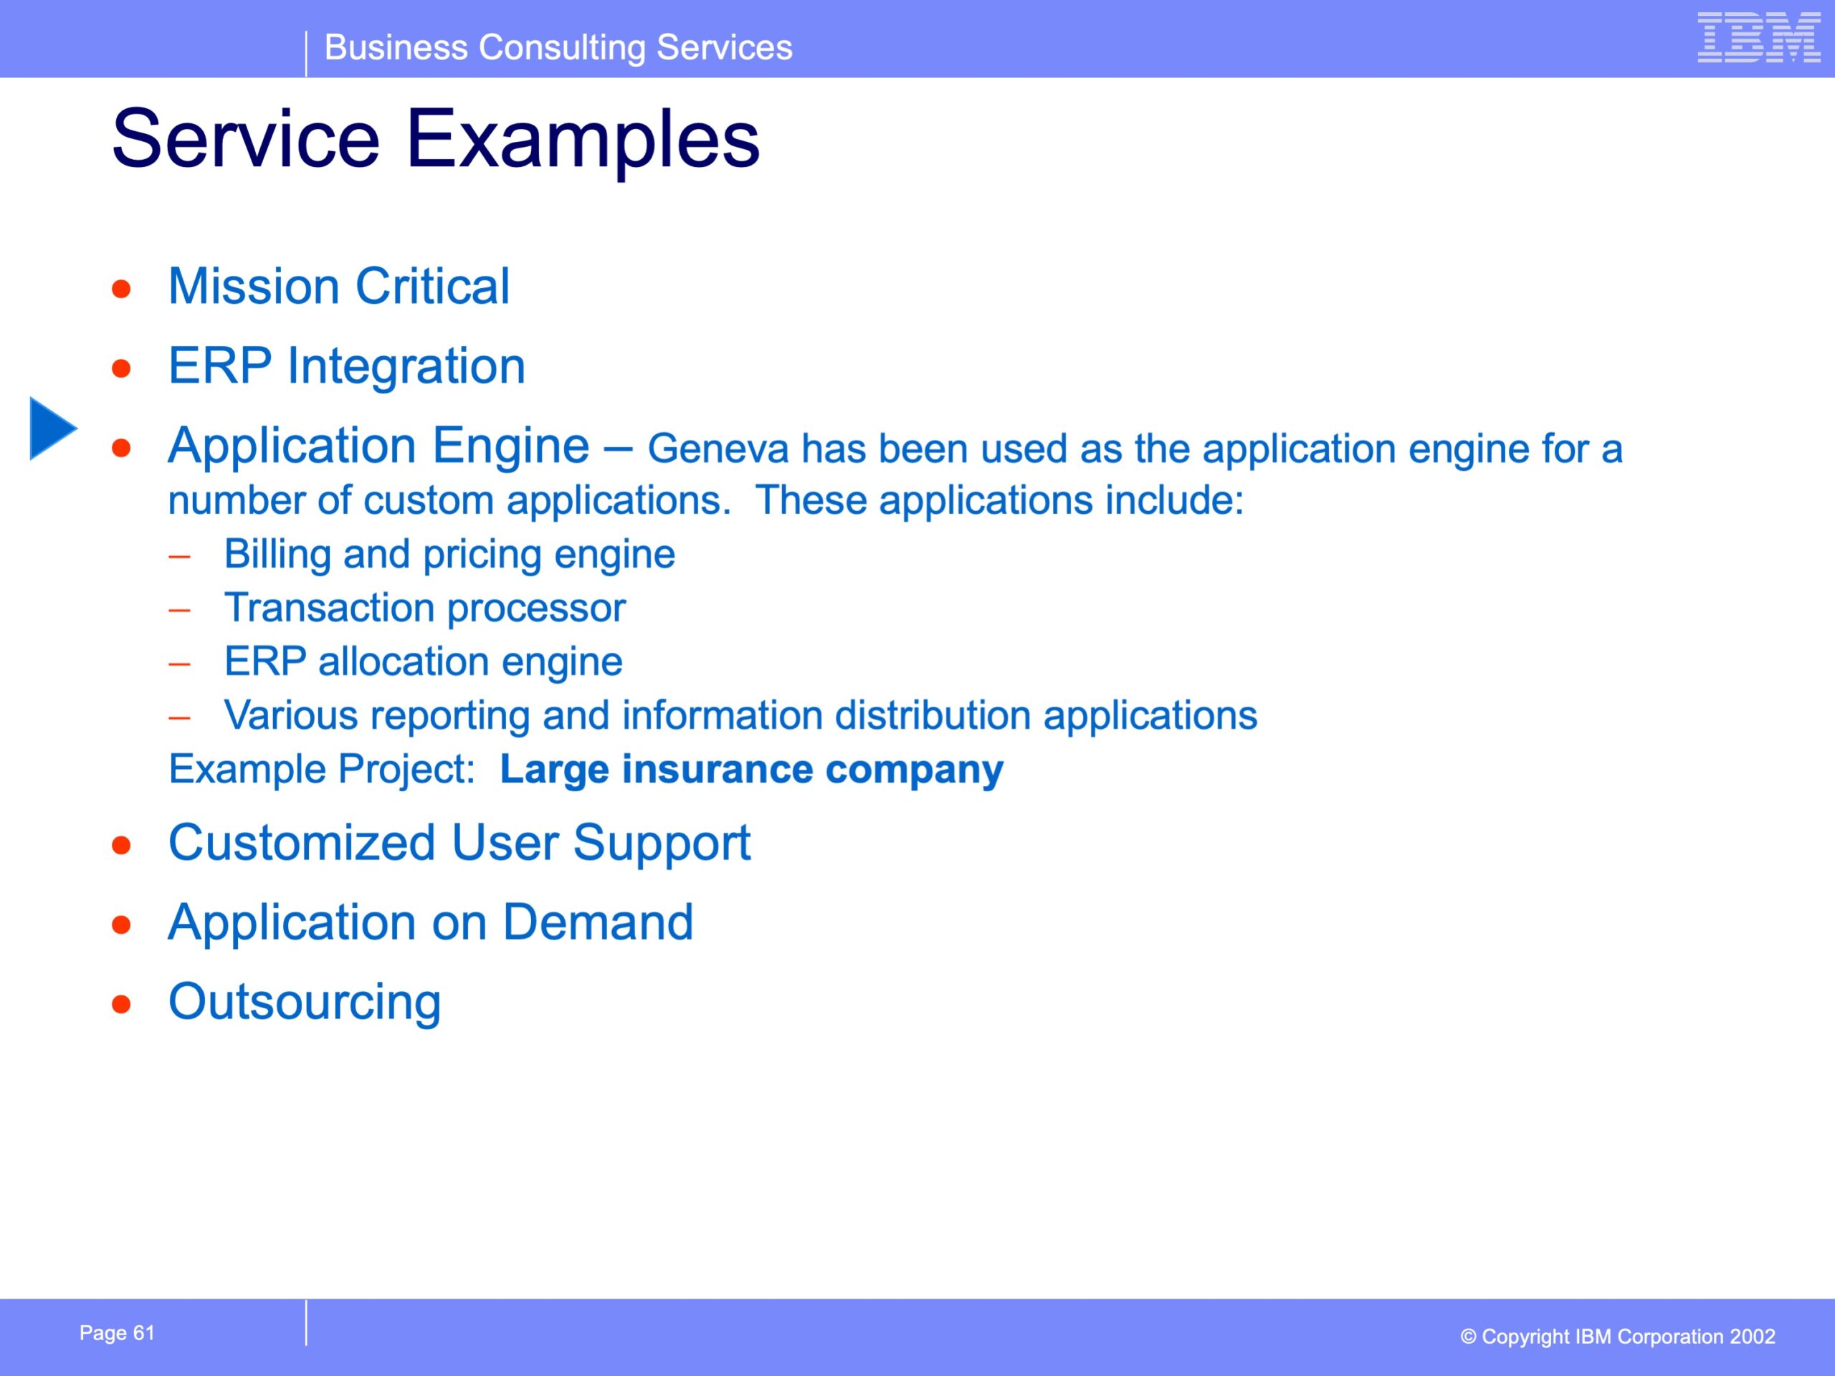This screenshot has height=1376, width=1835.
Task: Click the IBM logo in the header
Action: point(1759,37)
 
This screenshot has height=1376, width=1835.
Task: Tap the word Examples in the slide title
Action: point(582,139)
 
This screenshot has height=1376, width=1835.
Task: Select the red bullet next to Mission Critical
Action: point(122,289)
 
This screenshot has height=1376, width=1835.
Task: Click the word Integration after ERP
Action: point(406,367)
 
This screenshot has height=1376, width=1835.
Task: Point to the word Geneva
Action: point(718,449)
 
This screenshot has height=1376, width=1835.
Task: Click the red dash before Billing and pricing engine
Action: point(179,555)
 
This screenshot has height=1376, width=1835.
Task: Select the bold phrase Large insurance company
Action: point(752,769)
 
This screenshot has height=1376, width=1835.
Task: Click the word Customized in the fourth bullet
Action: point(302,843)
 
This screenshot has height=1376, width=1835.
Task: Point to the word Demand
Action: point(598,922)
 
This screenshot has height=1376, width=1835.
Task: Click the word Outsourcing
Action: point(305,1002)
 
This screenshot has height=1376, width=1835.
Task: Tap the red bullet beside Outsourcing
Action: point(122,1005)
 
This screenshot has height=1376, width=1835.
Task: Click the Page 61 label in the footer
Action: point(117,1333)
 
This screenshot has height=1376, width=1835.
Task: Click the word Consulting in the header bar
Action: point(562,47)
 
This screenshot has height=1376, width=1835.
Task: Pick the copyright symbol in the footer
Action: point(1468,1337)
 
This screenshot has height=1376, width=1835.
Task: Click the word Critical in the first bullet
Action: point(432,286)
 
